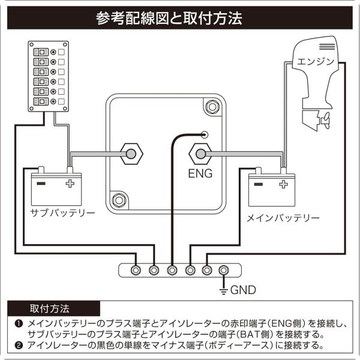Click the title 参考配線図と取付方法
click(x=169, y=18)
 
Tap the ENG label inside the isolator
click(x=200, y=173)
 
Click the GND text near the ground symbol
click(x=243, y=290)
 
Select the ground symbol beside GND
click(x=223, y=291)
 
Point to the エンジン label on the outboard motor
click(x=316, y=61)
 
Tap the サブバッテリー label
click(x=62, y=212)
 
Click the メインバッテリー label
click(x=283, y=218)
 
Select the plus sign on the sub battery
click(x=70, y=184)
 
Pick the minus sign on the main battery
click(x=258, y=184)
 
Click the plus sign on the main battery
click(x=283, y=184)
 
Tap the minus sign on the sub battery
click(x=41, y=183)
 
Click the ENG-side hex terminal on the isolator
click(x=200, y=154)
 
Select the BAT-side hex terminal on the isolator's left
click(x=131, y=154)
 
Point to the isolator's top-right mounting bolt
click(x=212, y=107)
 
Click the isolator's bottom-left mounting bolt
click(x=119, y=200)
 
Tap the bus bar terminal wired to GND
click(x=223, y=270)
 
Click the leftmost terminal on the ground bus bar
click(x=136, y=270)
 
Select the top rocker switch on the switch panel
click(x=41, y=52)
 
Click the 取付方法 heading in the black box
click(x=49, y=309)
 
